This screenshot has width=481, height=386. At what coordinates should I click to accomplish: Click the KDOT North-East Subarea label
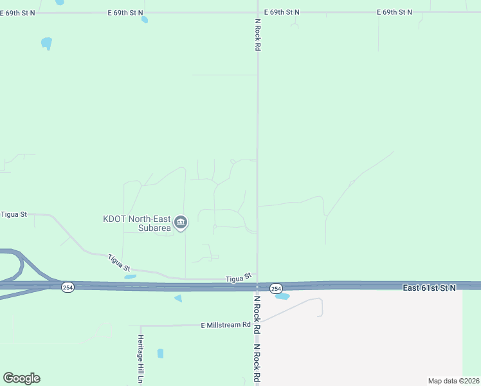[137, 223]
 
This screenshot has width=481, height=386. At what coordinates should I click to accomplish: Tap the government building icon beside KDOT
[181, 223]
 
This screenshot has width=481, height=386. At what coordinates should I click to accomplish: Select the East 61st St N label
[430, 288]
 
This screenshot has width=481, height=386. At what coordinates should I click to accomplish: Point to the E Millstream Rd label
[225, 325]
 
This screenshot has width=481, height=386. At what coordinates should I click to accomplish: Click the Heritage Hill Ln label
[140, 359]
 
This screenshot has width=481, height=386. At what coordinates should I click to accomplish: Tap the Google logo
[21, 378]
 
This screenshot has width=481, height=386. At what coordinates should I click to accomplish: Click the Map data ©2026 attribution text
[453, 381]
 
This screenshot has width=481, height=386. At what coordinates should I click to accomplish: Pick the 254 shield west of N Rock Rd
[68, 288]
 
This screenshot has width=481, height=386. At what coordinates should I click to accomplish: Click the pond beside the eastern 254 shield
[282, 297]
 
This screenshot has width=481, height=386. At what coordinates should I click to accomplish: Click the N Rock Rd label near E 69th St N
[258, 35]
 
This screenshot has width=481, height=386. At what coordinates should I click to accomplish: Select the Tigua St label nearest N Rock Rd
[238, 279]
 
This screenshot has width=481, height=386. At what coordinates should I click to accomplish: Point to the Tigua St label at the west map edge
[14, 214]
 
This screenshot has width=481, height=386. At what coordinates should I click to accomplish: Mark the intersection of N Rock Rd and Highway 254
[257, 286]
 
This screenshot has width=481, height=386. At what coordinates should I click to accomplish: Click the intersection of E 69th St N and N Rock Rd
[258, 12]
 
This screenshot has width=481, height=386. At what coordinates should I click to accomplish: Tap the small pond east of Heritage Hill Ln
[160, 353]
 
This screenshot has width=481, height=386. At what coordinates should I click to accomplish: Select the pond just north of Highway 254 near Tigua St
[131, 277]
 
